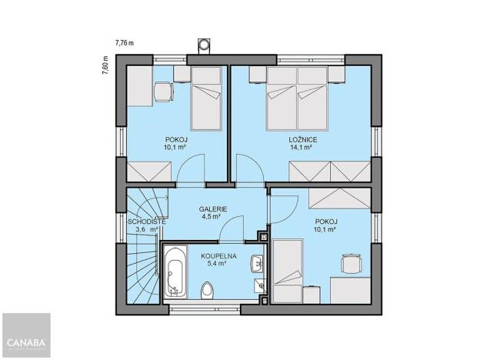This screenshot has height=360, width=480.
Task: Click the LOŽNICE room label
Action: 299,139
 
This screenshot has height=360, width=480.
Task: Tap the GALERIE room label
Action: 212,208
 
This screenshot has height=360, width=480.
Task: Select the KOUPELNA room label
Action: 218,255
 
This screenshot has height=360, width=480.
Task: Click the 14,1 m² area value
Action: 299,148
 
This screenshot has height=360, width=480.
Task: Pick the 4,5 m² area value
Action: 212,217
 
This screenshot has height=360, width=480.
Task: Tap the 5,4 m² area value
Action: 218,263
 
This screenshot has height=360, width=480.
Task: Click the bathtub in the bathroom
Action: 175,272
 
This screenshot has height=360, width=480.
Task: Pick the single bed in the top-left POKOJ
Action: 205,98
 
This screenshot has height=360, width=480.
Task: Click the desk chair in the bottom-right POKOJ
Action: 350,265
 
